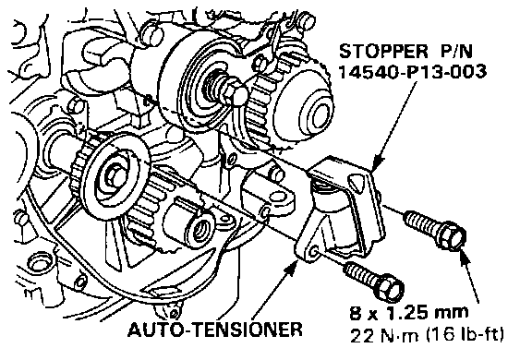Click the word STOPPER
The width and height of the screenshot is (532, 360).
click(383, 51)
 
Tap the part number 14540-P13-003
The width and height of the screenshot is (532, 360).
click(413, 71)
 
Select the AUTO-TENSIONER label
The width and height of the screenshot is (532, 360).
click(215, 329)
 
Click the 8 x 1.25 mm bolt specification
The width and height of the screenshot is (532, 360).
click(409, 312)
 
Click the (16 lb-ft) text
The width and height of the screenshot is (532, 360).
click(465, 335)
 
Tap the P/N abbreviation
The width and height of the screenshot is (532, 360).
click(456, 51)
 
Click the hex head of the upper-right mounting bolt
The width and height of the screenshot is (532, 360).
click(453, 238)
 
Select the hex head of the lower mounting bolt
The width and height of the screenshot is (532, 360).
click(389, 291)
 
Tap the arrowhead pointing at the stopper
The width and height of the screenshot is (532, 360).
click(376, 163)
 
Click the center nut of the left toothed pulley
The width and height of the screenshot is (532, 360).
click(113, 174)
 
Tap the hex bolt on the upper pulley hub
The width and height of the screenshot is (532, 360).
click(234, 91)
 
